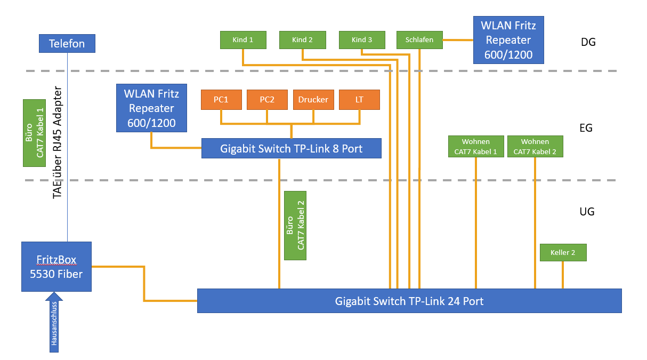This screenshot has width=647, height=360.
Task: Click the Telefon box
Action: click(67, 43)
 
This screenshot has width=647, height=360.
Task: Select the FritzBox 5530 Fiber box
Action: click(56, 267)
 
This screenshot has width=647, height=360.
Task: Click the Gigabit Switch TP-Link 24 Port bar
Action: click(409, 301)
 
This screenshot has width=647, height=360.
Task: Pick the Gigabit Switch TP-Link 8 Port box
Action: click(291, 148)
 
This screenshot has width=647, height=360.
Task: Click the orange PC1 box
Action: click(221, 100)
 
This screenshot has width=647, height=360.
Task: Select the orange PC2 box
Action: click(267, 100)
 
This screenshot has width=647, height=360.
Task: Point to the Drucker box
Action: click(313, 100)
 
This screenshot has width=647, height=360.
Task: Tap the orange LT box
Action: click(359, 100)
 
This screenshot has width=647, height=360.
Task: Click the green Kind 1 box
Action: click(243, 39)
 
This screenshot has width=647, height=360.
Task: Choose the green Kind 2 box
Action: click(302, 39)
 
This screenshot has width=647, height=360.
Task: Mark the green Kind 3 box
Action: click(362, 39)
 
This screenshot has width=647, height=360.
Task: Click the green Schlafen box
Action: click(419, 39)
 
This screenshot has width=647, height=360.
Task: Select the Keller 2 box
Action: click(563, 252)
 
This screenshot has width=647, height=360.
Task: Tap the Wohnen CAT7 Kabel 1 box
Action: click(476, 147)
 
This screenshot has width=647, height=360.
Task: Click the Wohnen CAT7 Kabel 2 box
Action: click(535, 147)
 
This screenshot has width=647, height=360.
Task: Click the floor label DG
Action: click(588, 42)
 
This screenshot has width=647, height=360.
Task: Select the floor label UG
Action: click(587, 212)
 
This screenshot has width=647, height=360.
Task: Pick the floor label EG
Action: click(586, 128)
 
